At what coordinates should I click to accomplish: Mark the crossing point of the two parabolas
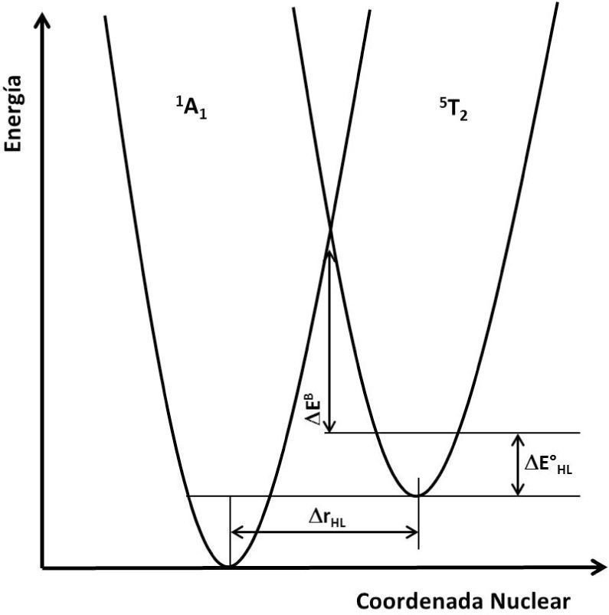tap(330, 227)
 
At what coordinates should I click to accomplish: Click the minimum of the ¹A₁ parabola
tap(229, 566)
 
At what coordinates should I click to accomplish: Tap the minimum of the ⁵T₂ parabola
tap(417, 495)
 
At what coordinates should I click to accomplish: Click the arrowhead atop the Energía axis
tap(44, 17)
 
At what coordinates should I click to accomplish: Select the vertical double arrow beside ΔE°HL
tap(519, 464)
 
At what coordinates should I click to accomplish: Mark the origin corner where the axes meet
tap(44, 568)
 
